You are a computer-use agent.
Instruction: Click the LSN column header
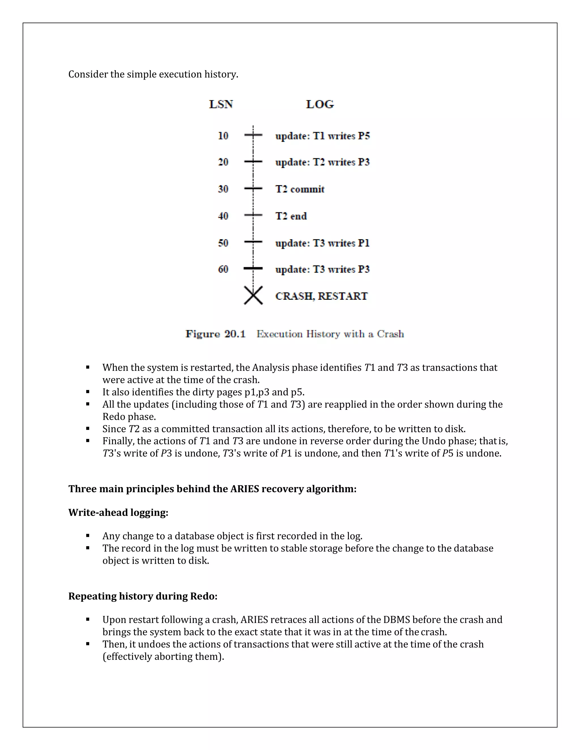point(221,104)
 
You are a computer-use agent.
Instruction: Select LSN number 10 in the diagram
point(223,136)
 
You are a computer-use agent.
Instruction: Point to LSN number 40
point(223,216)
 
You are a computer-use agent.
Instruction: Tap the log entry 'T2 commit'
point(300,189)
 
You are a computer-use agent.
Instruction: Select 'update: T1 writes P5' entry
point(322,136)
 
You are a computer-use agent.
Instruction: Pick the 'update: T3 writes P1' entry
point(322,243)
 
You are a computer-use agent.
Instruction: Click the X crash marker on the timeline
point(253,295)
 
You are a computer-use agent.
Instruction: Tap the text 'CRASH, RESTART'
point(321,296)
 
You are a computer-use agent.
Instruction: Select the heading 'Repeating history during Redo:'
point(143,596)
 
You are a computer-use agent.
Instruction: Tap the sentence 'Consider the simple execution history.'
point(153,74)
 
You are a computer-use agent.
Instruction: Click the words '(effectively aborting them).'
point(163,656)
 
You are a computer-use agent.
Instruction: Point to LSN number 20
point(223,162)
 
